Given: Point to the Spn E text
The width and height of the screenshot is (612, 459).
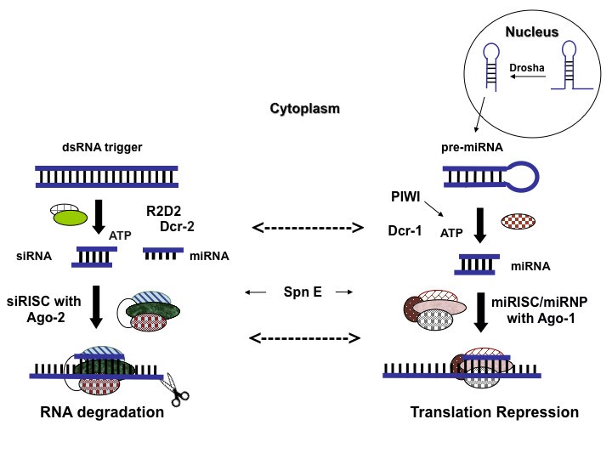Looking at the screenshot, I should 302,292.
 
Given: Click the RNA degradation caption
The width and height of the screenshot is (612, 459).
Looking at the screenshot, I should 101,413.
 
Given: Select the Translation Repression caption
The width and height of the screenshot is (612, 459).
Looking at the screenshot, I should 494,413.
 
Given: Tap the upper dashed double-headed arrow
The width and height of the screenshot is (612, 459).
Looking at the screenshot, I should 308,228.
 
